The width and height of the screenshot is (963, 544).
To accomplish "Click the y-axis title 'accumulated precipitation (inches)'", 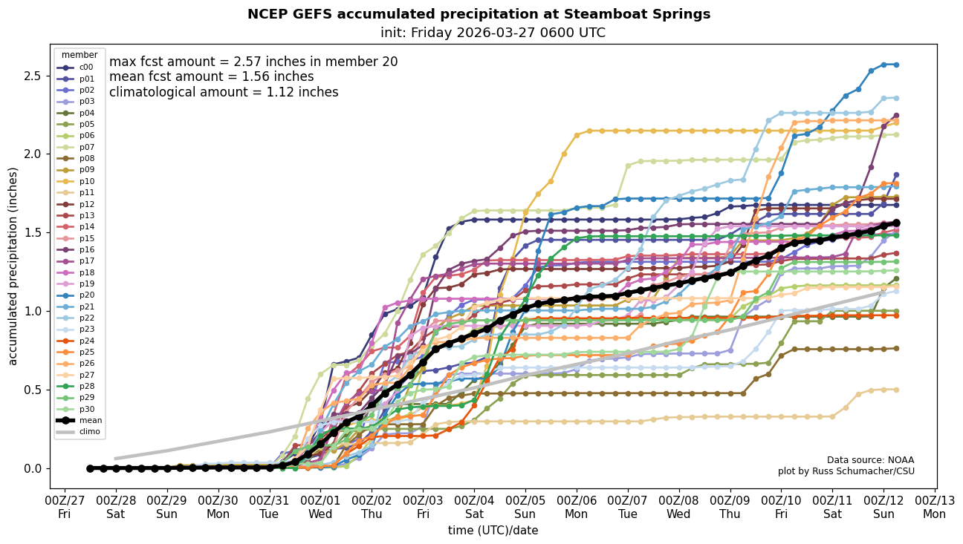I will (13, 266).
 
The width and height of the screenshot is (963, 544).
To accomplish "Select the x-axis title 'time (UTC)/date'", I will (493, 531).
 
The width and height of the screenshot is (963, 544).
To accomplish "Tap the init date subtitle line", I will (493, 33).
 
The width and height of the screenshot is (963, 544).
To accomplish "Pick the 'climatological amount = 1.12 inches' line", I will (224, 92).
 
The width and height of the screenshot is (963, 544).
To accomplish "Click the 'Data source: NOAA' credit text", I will (870, 460).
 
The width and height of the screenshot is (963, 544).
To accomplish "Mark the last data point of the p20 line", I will (896, 65).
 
